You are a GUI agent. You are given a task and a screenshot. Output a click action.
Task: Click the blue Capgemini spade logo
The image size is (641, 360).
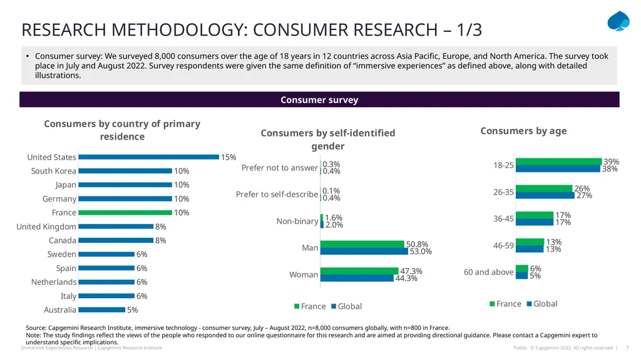(618, 21)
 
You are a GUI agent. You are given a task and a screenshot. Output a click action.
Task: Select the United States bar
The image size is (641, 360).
(149, 157)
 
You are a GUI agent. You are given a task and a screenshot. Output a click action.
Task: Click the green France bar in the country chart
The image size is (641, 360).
(125, 213)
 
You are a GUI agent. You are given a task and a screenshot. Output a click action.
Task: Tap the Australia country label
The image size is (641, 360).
(60, 310)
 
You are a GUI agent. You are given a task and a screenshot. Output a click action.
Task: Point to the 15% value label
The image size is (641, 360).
(228, 157)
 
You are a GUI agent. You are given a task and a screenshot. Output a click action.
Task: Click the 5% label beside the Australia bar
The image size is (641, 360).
(133, 310)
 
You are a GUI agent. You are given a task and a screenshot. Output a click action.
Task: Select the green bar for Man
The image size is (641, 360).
(362, 244)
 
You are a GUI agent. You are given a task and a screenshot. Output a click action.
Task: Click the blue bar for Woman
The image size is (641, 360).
(357, 278)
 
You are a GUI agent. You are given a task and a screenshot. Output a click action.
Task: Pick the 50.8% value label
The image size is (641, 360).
(417, 244)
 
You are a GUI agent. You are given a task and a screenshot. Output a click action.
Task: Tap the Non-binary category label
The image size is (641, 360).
(297, 221)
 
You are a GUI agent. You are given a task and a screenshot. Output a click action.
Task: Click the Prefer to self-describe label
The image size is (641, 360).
(277, 194)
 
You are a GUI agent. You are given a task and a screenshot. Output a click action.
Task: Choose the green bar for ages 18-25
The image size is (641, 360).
(559, 162)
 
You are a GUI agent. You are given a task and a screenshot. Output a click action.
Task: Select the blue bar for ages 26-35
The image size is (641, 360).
(545, 195)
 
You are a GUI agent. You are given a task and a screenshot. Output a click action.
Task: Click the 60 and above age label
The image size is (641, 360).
(488, 272)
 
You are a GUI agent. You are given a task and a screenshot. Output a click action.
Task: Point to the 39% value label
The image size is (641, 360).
(611, 162)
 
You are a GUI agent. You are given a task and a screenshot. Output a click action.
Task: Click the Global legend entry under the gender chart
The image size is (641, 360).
(346, 306)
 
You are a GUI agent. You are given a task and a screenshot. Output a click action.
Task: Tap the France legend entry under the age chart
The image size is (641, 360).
(505, 304)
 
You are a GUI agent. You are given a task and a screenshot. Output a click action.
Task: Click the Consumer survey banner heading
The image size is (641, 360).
(319, 100)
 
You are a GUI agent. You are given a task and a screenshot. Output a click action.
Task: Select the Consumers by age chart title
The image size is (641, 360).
(523, 131)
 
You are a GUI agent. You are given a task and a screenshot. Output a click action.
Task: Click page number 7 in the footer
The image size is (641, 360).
(627, 347)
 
